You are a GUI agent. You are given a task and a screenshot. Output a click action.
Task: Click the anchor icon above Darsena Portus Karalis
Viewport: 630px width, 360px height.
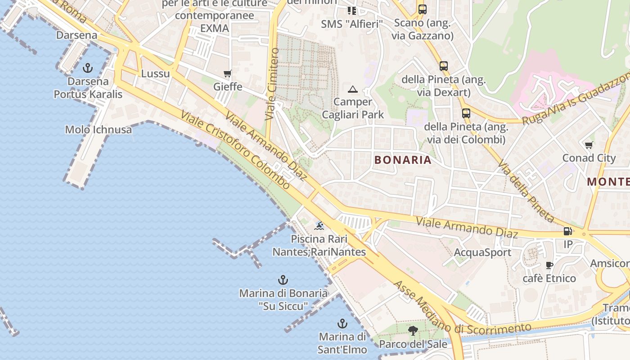(x=88, y=68)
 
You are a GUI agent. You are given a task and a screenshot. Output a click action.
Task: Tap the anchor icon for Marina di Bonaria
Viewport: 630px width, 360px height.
(x=283, y=280)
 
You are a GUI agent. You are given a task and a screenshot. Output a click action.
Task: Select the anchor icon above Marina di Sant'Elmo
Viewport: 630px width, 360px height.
(x=342, y=323)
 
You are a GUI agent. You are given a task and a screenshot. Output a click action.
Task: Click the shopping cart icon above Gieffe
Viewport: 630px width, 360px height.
(x=228, y=73)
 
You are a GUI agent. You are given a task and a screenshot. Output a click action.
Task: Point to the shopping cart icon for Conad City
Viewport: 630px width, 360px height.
(x=589, y=144)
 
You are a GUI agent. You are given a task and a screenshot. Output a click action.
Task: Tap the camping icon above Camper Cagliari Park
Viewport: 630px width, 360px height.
(x=352, y=89)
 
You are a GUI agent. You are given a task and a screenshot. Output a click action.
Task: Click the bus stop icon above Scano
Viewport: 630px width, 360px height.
(x=422, y=9)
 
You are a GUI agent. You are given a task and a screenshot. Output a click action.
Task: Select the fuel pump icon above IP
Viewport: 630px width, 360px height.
(x=568, y=231)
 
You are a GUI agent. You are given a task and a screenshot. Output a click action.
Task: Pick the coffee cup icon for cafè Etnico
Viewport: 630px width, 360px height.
(x=549, y=265)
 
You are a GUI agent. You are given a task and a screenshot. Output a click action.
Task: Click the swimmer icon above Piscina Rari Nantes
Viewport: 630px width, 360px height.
(x=319, y=225)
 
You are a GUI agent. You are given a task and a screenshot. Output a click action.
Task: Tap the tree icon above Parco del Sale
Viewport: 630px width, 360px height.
(x=413, y=331)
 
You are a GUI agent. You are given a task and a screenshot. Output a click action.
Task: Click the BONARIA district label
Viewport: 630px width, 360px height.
(x=403, y=160)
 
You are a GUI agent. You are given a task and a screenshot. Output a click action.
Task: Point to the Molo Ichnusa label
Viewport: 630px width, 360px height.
(x=99, y=130)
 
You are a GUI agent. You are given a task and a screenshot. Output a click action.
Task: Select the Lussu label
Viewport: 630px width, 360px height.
(x=156, y=73)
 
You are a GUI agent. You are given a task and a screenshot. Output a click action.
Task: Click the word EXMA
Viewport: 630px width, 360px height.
(x=215, y=28)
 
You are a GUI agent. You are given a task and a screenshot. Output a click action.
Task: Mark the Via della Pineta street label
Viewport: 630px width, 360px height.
(x=526, y=192)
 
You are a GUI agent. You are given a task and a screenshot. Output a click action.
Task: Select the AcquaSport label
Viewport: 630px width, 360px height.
(x=482, y=252)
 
